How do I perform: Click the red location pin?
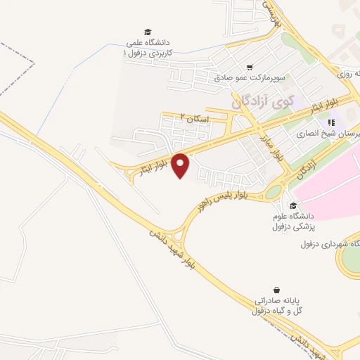point(181,165)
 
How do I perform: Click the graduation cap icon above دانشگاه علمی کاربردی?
point(148,32)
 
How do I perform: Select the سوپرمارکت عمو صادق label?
point(250,77)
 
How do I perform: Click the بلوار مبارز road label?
point(270,144)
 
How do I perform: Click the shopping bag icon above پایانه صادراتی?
point(278,290)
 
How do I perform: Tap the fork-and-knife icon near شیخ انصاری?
point(330,122)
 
